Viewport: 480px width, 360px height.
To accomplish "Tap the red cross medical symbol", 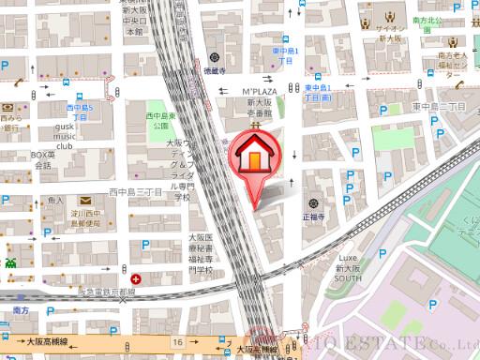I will [137, 278].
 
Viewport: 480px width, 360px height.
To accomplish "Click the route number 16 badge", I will [177, 342].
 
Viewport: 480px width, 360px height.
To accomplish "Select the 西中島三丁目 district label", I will [135, 192].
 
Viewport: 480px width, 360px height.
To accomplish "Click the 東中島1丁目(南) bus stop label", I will [323, 92].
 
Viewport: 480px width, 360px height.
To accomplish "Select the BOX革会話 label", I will [41, 159].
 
